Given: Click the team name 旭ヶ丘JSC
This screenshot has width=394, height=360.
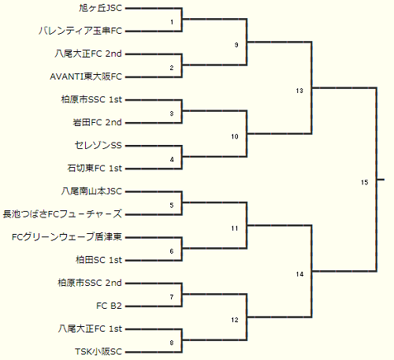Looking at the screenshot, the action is click(x=101, y=8).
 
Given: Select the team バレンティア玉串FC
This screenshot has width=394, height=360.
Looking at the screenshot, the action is click(x=80, y=31).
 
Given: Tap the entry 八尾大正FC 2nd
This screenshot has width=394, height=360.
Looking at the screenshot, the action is click(x=88, y=54).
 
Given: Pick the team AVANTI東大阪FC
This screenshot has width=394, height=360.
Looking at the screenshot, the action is click(x=86, y=76).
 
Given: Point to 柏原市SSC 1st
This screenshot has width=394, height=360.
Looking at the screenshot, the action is click(x=91, y=99).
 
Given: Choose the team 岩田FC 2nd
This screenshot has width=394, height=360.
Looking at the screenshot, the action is click(x=98, y=122).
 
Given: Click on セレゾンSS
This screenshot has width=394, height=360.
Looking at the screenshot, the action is click(x=98, y=145).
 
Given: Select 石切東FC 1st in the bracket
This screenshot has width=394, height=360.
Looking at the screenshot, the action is click(x=95, y=168).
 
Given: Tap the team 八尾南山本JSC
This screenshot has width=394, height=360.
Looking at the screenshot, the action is click(x=91, y=191).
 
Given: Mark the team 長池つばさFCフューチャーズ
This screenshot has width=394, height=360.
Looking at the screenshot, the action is click(x=62, y=214).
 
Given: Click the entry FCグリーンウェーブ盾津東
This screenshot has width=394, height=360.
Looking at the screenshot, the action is click(x=67, y=237).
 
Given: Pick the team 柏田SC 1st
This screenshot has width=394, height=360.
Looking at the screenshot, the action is click(x=99, y=260).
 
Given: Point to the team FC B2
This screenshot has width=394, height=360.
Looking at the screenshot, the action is click(x=109, y=306).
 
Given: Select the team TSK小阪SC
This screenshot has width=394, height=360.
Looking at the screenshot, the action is click(x=98, y=351).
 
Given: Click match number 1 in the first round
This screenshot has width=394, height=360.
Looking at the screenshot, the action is click(x=172, y=22).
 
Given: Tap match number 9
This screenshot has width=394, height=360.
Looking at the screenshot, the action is click(x=236, y=45).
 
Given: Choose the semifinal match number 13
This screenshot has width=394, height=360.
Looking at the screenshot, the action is click(x=299, y=91).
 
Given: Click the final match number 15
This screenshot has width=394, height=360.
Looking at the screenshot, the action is click(x=364, y=183).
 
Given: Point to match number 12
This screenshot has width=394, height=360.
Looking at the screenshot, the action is click(x=235, y=320).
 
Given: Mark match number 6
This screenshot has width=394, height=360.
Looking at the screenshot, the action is click(x=172, y=251).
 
